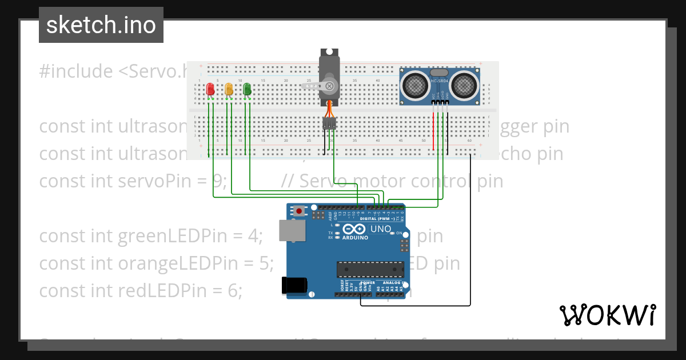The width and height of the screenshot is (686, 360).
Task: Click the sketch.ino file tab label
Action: pos(101,25)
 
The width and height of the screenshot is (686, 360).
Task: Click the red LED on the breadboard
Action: pos(210,89)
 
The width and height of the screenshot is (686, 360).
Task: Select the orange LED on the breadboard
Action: pos(229,89)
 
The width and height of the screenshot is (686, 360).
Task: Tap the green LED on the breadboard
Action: pos(247,89)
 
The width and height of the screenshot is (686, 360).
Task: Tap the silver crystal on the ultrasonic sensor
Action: pos(439,73)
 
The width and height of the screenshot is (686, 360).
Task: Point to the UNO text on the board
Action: pos(381,229)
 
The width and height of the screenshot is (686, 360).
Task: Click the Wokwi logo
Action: pos(607,315)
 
